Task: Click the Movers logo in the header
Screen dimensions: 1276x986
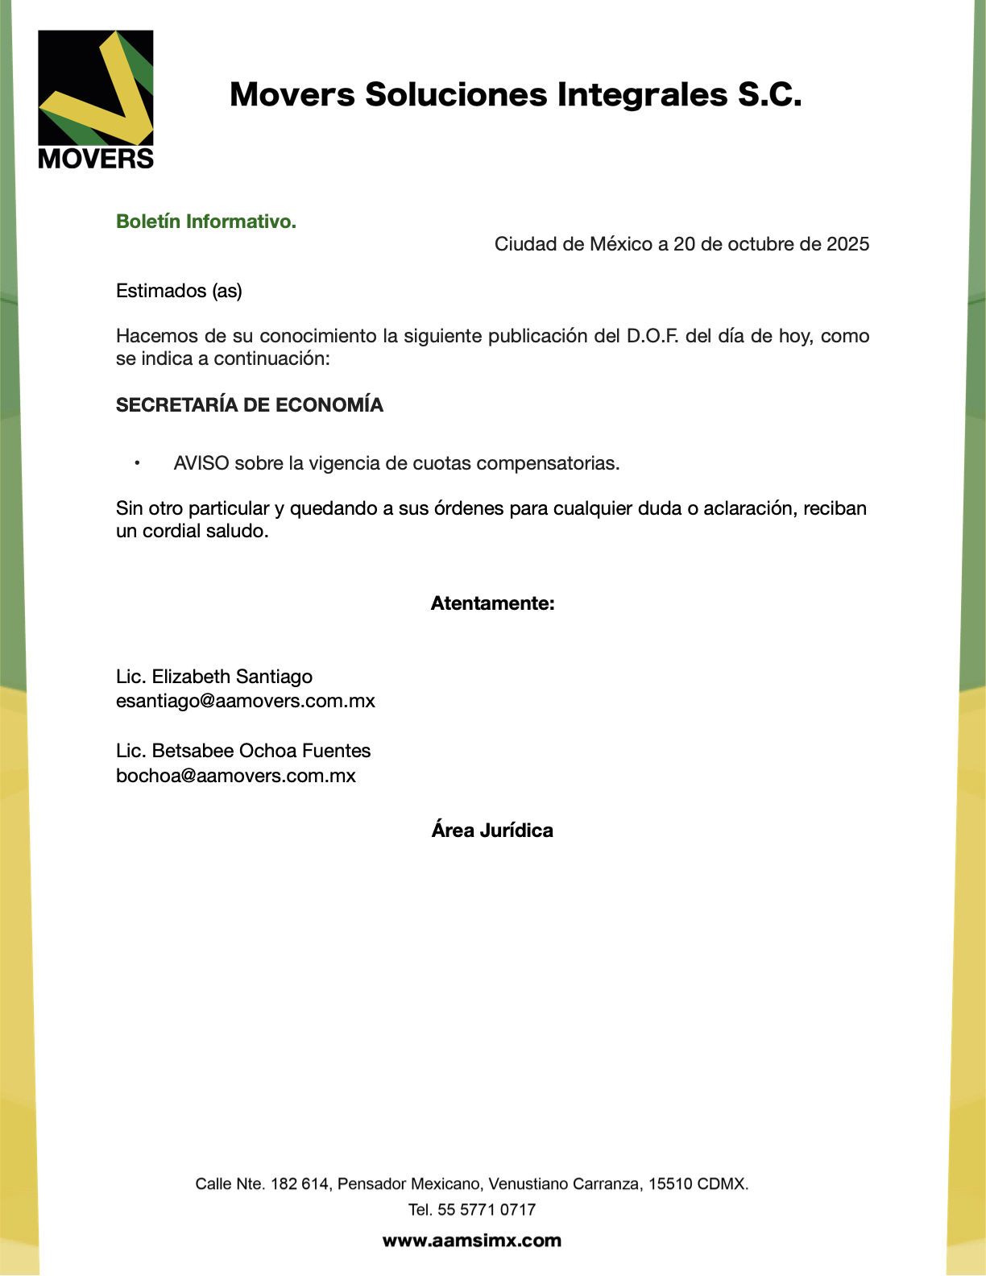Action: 96,99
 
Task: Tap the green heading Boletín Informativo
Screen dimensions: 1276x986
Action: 206,222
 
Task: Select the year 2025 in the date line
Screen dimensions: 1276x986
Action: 847,244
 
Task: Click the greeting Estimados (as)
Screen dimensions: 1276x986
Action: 179,291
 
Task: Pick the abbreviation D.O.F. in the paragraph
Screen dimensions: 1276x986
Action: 652,336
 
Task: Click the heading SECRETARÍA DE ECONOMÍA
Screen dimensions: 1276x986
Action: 250,405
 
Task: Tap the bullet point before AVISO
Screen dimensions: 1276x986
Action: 138,463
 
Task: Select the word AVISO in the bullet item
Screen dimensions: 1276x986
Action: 201,463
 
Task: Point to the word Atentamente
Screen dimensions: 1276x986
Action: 492,603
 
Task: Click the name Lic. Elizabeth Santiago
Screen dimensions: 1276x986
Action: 214,677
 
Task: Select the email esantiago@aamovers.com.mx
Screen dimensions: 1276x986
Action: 246,701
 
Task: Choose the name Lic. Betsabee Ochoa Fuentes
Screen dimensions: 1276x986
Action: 243,751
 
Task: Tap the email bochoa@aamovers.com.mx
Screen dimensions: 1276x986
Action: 236,776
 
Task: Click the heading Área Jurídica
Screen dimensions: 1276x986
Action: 492,831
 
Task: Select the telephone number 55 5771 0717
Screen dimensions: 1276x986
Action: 487,1210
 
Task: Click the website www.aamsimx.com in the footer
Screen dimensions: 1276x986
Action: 472,1241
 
